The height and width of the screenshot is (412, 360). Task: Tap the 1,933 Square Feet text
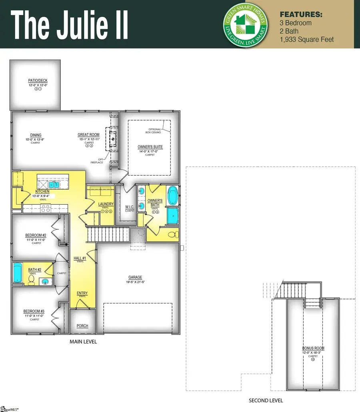pos(307,39)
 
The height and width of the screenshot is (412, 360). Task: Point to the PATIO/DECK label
pos(35,81)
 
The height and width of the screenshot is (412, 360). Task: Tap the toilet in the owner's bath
pos(172,235)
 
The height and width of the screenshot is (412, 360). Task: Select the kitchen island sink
pos(53,185)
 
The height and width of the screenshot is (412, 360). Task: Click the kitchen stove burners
pos(46,208)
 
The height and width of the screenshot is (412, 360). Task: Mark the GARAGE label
pos(135,277)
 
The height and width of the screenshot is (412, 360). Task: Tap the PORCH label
pos(82,326)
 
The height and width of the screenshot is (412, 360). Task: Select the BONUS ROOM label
pos(313,348)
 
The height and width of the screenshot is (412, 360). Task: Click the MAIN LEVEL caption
pos(83,342)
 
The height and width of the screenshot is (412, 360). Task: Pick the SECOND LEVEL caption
pos(266,400)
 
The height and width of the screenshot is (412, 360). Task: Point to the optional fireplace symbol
pos(113,139)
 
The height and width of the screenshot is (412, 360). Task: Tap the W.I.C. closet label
pos(130,207)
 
